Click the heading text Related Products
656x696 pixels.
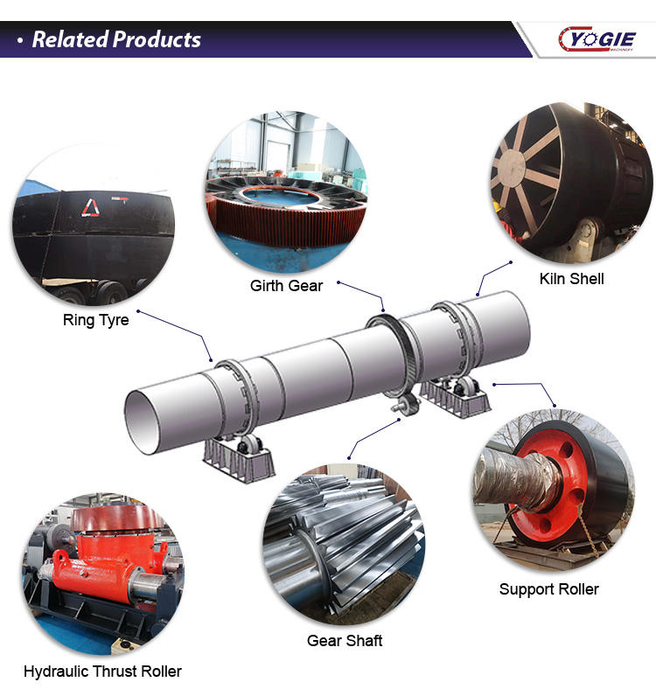pos(116,39)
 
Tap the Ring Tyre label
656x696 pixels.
pos(95,320)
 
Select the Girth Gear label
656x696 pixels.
pos(286,286)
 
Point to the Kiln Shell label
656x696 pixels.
pos(571,279)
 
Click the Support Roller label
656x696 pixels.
pos(548,589)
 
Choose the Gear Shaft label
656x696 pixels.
pos(345,641)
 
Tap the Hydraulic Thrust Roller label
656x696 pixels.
pos(102,672)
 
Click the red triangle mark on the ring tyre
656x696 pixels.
pos(90,206)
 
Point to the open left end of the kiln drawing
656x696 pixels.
pos(144,409)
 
